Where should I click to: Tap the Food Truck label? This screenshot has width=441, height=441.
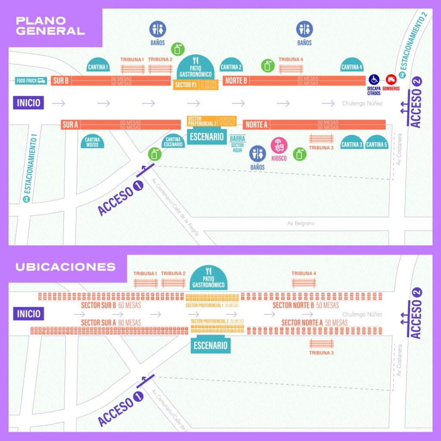(x=31, y=81)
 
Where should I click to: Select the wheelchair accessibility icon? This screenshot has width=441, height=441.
(x=373, y=80)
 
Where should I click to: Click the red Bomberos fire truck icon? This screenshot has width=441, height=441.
(x=391, y=80)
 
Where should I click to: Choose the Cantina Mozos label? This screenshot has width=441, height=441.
(x=92, y=142)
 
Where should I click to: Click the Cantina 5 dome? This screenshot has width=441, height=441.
(x=377, y=144)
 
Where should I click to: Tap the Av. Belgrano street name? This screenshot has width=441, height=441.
(x=301, y=224)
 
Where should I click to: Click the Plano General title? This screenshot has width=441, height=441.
(x=50, y=26)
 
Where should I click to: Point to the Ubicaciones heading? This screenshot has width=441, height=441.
(x=65, y=267)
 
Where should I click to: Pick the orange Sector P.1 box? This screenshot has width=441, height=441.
(x=186, y=85)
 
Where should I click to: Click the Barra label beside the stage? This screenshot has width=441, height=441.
(x=237, y=139)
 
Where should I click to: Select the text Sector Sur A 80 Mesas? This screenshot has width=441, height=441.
(x=111, y=323)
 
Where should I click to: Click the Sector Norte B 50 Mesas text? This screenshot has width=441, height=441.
(x=306, y=305)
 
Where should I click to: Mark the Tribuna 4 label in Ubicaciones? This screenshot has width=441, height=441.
(x=304, y=273)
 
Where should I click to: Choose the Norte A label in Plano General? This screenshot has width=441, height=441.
(x=256, y=125)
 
